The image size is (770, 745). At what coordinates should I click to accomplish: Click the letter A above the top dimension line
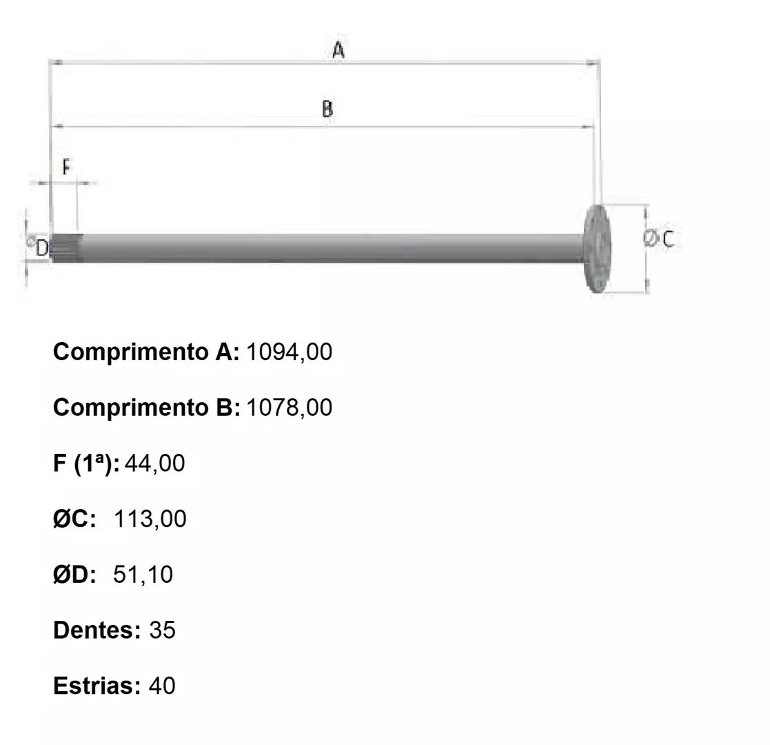click(338, 50)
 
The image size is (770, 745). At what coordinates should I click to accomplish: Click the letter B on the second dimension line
click(327, 108)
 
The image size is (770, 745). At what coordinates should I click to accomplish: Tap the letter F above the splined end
click(67, 168)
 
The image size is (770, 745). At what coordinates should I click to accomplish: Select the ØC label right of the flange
click(658, 239)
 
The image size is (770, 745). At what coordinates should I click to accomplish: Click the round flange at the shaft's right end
click(597, 248)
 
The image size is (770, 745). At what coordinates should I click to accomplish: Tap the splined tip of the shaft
click(67, 248)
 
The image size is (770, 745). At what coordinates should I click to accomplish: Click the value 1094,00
click(289, 352)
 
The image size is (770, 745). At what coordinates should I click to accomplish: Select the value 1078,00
click(289, 408)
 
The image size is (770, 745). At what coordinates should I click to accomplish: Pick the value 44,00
click(154, 464)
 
